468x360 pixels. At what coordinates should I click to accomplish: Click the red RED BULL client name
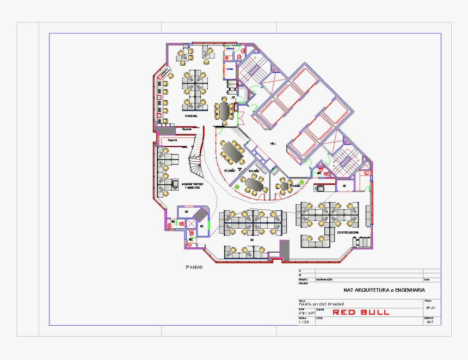coord(361,312)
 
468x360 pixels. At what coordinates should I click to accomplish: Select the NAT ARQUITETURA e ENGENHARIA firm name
coord(384,290)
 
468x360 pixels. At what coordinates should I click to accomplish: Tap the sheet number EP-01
coord(430,308)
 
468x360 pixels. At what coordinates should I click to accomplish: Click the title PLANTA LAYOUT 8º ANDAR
coord(321,303)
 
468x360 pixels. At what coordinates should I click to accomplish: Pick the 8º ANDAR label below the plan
coord(194,267)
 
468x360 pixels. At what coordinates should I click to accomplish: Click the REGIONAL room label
coord(191,116)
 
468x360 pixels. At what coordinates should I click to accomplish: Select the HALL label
coord(273,143)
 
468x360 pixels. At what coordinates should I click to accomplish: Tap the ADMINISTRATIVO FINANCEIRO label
coord(192,186)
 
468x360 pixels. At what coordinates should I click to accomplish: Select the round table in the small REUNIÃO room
coord(284,186)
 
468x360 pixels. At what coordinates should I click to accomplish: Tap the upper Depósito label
coord(187,129)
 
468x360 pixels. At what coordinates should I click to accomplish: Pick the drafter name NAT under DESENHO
coord(430,322)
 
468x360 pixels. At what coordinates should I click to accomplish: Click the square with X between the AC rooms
coord(191,223)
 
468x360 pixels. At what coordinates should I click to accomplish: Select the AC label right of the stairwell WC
coord(343,186)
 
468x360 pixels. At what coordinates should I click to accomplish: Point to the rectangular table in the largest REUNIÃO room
coord(235,151)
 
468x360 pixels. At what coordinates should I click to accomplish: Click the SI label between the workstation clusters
coord(252,239)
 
